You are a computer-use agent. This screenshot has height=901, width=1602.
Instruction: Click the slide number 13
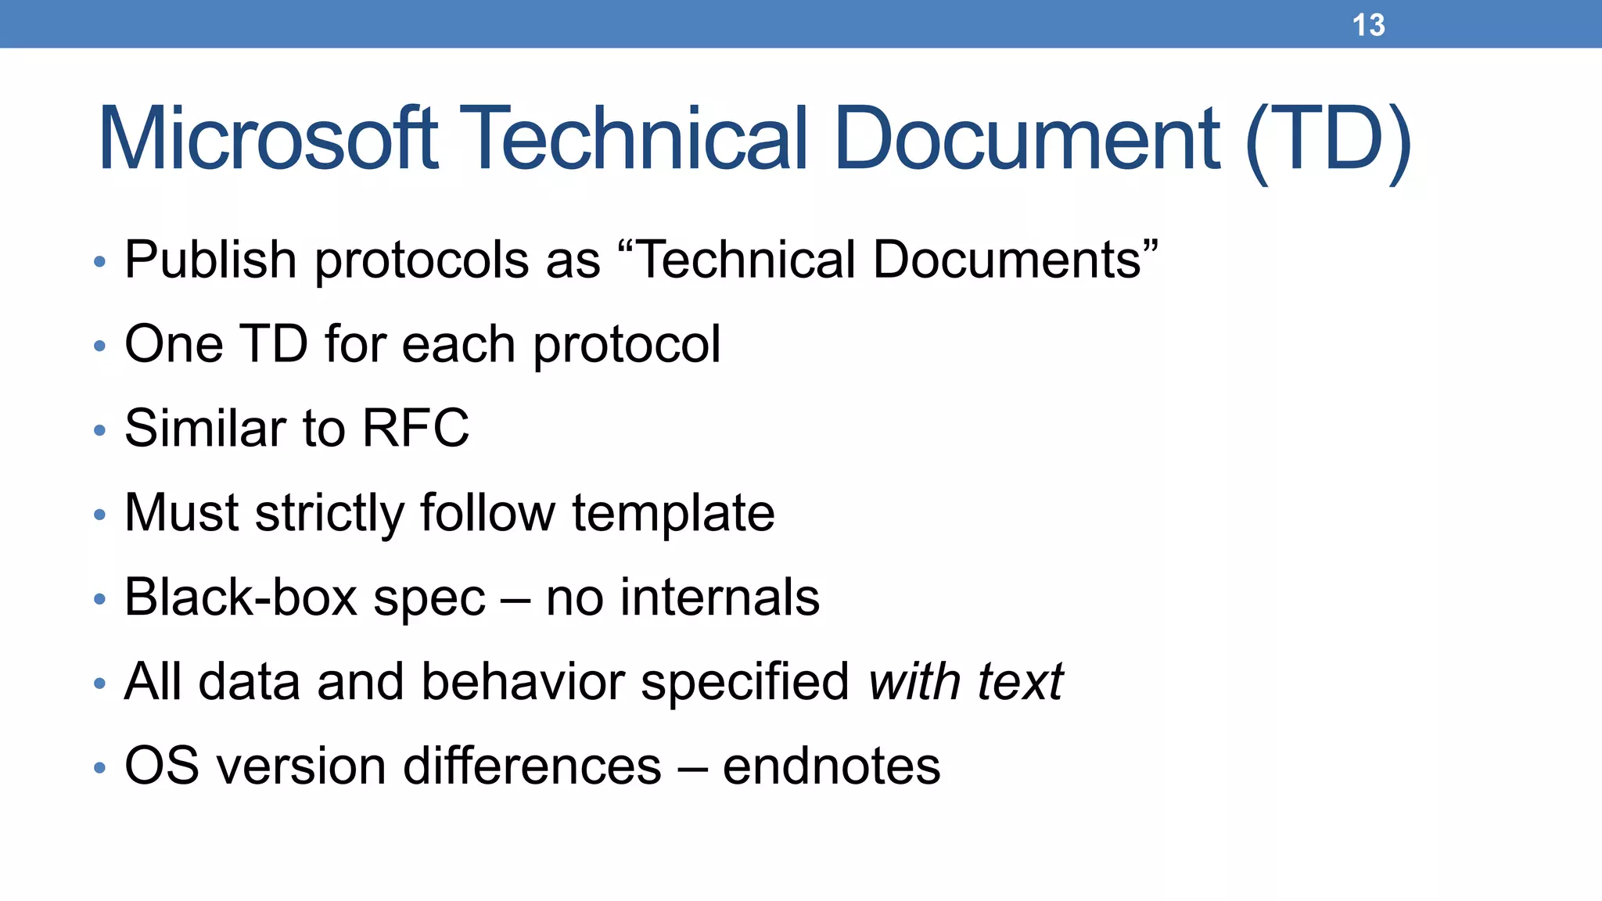coord(1368,25)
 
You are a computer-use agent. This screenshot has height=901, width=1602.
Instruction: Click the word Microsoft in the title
coord(268,139)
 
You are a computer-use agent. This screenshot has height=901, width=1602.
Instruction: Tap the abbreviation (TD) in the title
coord(1328,141)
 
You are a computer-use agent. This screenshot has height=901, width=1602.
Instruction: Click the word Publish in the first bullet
coord(210,260)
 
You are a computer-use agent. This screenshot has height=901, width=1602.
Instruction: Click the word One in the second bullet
coord(174,344)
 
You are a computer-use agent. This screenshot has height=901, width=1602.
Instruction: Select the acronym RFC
coord(415,429)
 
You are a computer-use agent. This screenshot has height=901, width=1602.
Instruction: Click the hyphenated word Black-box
coord(241,598)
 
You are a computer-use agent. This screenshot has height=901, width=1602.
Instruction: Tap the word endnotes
coord(831,766)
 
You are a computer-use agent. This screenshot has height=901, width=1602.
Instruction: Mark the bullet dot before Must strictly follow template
coord(99,515)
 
